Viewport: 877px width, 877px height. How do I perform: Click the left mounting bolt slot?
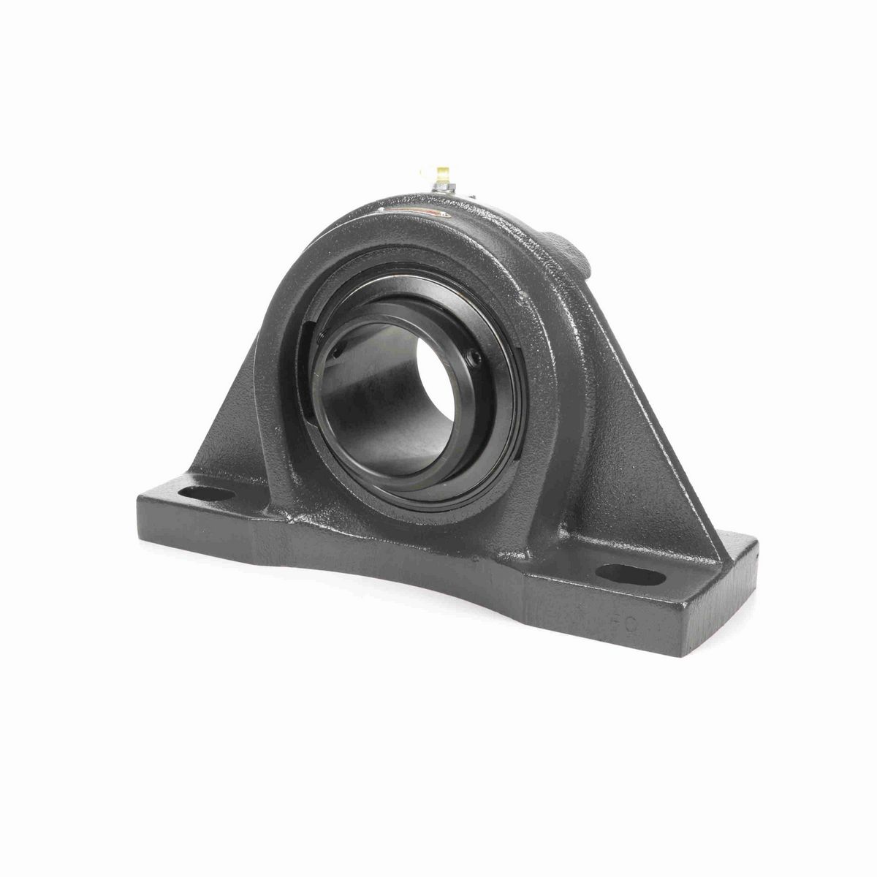pos(210,495)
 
